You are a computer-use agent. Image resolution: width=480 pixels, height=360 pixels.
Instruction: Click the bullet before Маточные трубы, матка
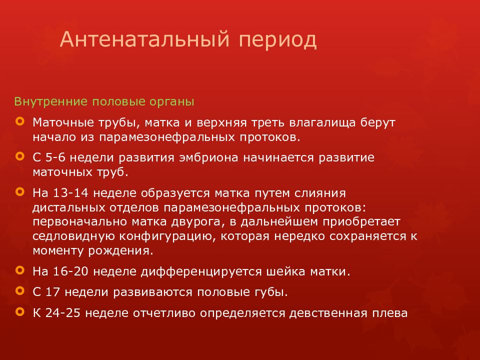[x=19, y=121]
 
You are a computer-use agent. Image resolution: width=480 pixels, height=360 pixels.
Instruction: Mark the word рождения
[x=123, y=250]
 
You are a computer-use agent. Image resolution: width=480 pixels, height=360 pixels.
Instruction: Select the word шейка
[x=285, y=272]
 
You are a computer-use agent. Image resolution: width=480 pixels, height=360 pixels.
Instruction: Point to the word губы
[x=273, y=292]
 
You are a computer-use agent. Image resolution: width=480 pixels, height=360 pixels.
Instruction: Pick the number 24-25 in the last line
[x=63, y=313]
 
